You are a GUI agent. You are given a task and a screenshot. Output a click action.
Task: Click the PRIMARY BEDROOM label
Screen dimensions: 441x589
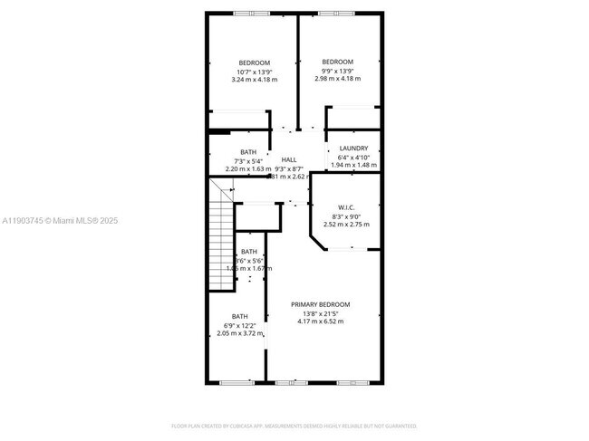(320, 304)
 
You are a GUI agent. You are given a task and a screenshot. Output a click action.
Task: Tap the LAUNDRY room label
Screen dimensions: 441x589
(353, 149)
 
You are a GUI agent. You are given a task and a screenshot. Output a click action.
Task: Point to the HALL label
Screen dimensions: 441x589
(289, 159)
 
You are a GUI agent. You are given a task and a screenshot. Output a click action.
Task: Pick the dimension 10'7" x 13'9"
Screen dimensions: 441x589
(254, 72)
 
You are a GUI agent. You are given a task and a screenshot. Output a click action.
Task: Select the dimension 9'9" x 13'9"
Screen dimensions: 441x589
(340, 71)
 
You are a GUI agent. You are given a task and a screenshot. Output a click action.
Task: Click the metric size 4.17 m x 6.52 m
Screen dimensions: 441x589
(320, 321)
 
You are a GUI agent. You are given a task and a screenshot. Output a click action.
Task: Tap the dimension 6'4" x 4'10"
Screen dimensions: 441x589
(353, 158)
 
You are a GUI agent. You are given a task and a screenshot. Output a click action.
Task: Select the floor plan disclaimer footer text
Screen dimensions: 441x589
(294, 425)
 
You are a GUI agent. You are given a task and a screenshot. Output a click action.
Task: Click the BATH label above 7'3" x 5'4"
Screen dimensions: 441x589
(248, 152)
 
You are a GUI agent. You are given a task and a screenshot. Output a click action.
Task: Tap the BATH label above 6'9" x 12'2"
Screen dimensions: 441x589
(239, 316)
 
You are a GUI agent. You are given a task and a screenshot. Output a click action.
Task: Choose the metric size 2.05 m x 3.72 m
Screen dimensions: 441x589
(239, 333)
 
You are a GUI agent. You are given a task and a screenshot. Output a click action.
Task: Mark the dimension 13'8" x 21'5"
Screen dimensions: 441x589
(320, 313)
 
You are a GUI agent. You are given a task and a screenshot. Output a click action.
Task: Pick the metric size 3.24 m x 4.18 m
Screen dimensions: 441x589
(254, 80)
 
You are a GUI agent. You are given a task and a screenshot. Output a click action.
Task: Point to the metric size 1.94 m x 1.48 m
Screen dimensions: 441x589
(353, 165)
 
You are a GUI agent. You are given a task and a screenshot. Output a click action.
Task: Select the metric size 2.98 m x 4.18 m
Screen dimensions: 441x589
(340, 79)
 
